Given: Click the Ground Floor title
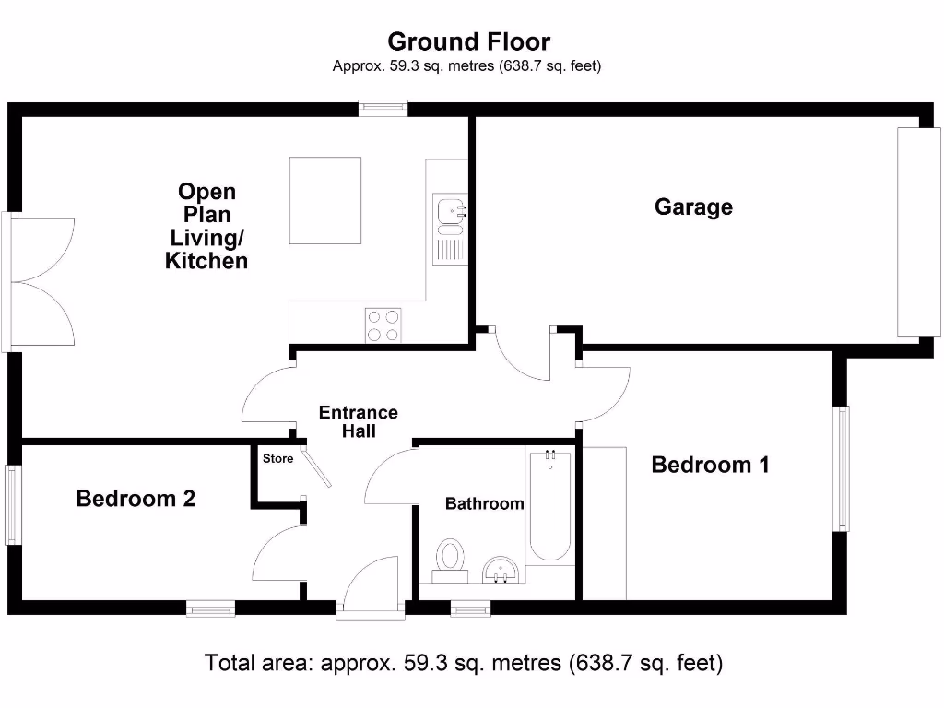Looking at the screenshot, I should click(468, 41).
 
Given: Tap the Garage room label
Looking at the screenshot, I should click(693, 206).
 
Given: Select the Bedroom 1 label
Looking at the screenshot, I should click(710, 464).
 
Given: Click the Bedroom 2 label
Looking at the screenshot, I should click(136, 499).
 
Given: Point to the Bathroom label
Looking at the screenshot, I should click(484, 503).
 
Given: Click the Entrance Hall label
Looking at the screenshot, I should click(358, 421).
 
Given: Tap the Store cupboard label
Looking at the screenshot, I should click(277, 458).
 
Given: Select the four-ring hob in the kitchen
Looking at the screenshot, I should click(384, 324).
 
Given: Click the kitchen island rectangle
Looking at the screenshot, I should click(325, 200).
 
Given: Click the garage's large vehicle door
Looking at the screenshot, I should click(919, 231).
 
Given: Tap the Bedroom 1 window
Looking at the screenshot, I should click(841, 469).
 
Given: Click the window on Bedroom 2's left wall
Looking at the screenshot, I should click(12, 504).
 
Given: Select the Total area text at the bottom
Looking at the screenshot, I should click(464, 663).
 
